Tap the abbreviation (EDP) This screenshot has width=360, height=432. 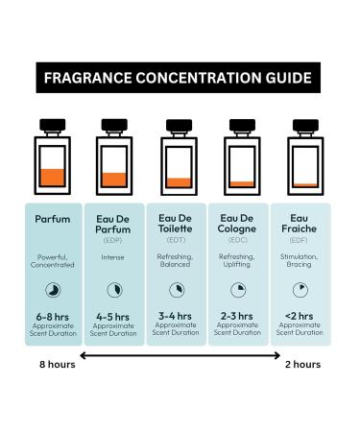pos(114,241)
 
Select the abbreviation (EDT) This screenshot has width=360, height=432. pos(179,241)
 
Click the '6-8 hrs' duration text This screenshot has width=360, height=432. pos(53,314)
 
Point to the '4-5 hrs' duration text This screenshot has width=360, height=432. pos(114,314)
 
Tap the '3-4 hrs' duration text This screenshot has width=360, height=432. pos(179,314)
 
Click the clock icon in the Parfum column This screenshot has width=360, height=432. pos(53,287)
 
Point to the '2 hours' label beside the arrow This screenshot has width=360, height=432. pos(302,365)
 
